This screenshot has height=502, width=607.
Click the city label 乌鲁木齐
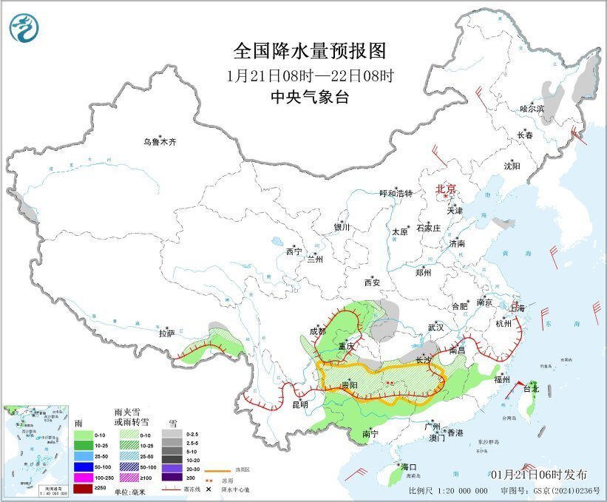point(160,142)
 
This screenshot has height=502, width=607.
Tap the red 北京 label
point(447,189)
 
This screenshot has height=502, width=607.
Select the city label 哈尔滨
point(531,109)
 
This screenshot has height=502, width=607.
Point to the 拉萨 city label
point(166,333)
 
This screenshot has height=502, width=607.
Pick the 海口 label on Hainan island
point(409,467)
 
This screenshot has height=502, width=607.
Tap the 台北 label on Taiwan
point(531,388)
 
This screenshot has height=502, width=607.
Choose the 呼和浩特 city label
point(396,193)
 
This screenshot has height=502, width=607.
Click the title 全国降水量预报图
point(310,50)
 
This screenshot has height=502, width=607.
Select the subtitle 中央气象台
point(309,97)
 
